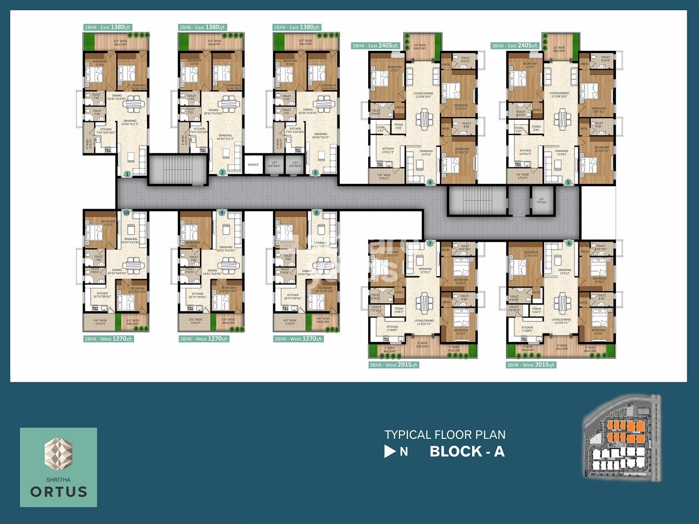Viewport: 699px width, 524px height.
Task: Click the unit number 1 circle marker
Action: (127, 174)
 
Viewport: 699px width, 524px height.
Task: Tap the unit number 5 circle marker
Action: (568, 183)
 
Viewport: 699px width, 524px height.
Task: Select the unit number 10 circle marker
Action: (126, 212)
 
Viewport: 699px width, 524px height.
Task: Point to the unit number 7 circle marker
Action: (430, 244)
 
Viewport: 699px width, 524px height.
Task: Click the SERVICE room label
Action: (253, 165)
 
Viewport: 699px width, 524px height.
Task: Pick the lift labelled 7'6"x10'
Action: (541, 201)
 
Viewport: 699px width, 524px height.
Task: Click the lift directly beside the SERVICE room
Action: (274, 165)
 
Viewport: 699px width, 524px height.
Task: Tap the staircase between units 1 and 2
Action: (178, 170)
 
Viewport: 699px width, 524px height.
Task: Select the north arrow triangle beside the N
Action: (390, 451)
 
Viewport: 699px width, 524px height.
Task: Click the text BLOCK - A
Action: (467, 451)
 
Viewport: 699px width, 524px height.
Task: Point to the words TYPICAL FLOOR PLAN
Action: (445, 435)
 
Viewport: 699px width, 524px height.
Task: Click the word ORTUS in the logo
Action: (59, 492)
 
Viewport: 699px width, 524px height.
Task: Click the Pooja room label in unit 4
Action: (398, 126)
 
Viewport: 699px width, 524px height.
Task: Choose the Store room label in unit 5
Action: (519, 129)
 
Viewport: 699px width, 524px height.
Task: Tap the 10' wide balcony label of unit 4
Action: (419, 47)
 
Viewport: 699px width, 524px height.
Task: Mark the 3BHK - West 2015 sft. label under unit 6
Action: (531, 365)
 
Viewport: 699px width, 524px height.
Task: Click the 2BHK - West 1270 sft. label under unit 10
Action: (109, 339)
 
